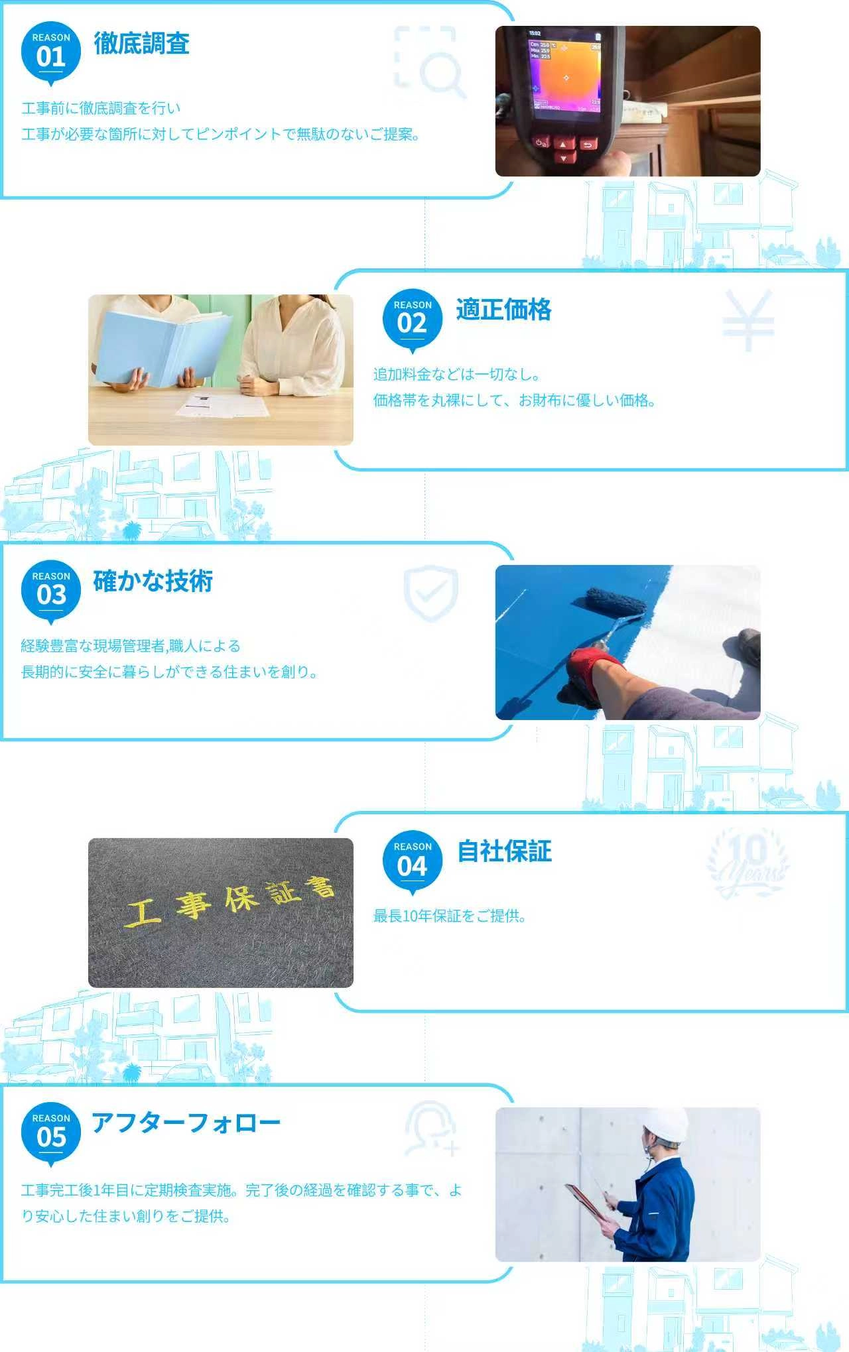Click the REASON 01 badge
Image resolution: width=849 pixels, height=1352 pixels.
51,53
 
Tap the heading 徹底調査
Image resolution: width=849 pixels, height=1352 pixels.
141,44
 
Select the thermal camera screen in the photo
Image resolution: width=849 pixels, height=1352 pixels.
565,74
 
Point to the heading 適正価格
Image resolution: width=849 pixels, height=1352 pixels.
504,310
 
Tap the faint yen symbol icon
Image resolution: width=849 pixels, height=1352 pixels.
748,320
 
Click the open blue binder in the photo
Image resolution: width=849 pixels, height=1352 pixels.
163,348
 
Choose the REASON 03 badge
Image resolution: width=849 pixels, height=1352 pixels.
51,592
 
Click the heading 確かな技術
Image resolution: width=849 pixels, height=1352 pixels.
153,581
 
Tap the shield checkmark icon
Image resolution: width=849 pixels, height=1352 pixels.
431,593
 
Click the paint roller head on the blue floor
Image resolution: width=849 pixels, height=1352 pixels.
616,604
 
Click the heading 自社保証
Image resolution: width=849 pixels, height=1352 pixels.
505,851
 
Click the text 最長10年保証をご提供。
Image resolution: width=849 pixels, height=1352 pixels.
450,916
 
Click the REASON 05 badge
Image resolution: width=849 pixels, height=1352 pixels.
51,1134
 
